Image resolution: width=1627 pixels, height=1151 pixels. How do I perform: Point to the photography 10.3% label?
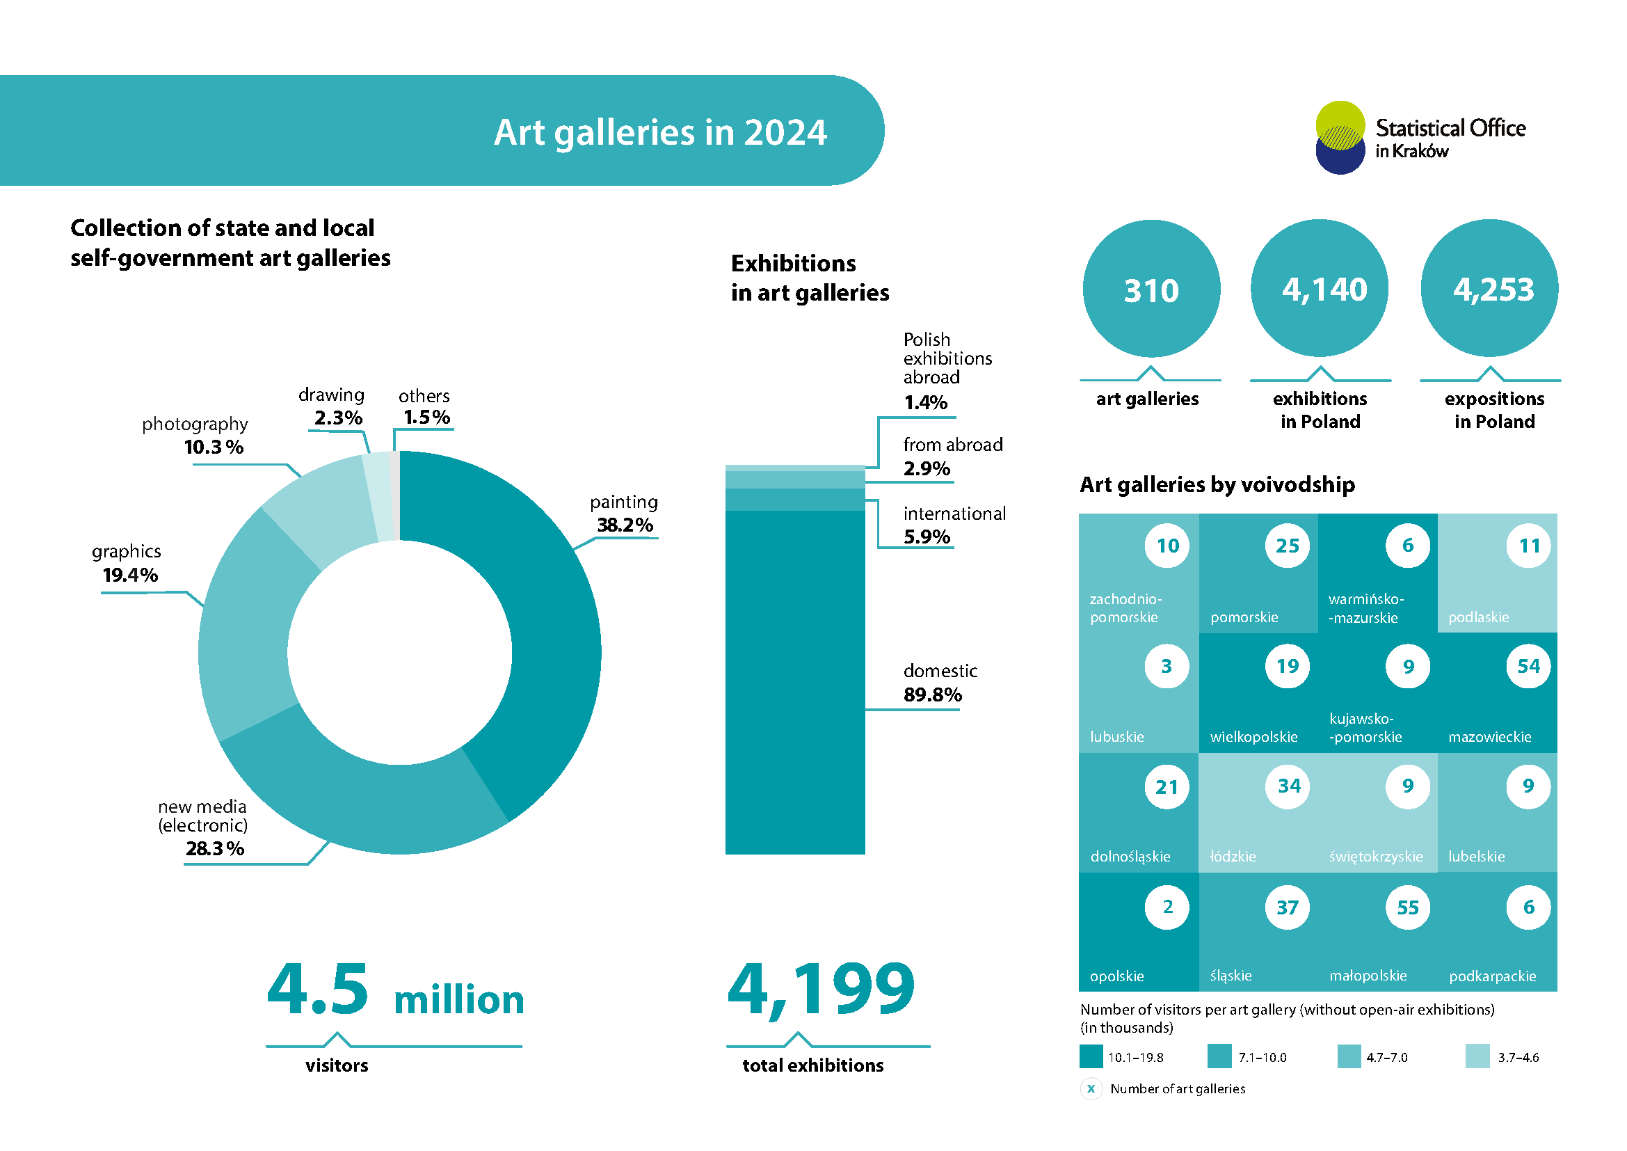tap(213, 447)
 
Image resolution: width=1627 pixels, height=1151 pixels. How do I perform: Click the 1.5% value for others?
tap(426, 418)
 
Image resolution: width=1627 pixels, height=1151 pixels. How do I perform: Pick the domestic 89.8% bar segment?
tap(795, 681)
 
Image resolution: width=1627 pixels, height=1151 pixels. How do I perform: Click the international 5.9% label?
tap(954, 525)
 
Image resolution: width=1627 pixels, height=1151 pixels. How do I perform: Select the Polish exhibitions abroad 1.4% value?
tap(925, 402)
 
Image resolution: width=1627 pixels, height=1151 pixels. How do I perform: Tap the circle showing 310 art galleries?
tap(1151, 289)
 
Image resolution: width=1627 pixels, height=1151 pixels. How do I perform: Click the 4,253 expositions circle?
tap(1489, 289)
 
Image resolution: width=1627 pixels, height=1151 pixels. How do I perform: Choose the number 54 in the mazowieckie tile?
tap(1528, 666)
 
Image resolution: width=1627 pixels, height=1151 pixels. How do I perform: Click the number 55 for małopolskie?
tap(1407, 907)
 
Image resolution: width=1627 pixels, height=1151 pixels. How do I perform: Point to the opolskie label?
tap(1117, 976)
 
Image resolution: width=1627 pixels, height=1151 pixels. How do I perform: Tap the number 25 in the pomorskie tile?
tap(1287, 546)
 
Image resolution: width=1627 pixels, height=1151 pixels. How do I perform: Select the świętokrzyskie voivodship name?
tap(1375, 856)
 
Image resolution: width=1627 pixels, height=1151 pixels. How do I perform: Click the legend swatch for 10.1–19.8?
tap(1091, 1056)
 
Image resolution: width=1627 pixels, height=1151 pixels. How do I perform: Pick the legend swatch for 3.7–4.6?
tap(1477, 1056)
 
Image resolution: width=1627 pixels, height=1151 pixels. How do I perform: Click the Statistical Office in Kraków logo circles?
tap(1340, 138)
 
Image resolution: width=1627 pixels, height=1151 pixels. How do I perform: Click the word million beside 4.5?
tap(458, 999)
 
